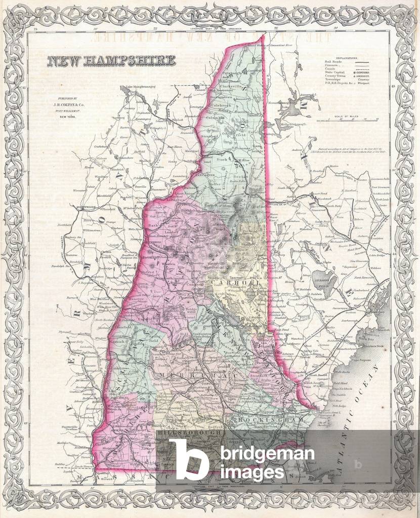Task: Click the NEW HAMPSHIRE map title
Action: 111,61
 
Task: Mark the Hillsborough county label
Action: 189,433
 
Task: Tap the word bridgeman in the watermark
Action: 263,454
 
